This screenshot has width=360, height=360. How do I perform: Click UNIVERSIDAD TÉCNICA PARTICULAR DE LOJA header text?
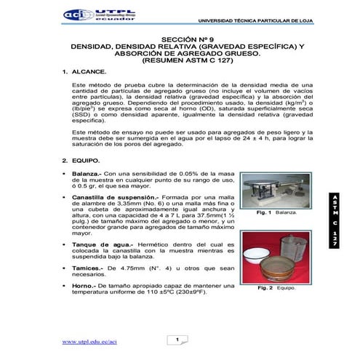[x=263, y=20]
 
